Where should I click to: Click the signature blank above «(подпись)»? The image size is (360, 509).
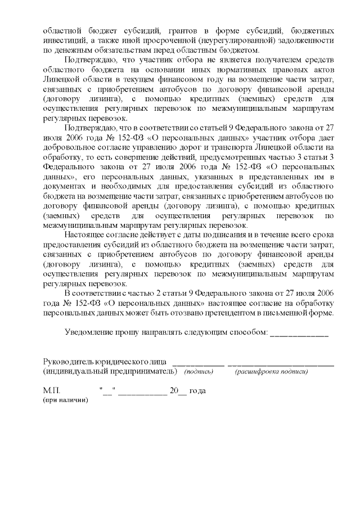[199, 364]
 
